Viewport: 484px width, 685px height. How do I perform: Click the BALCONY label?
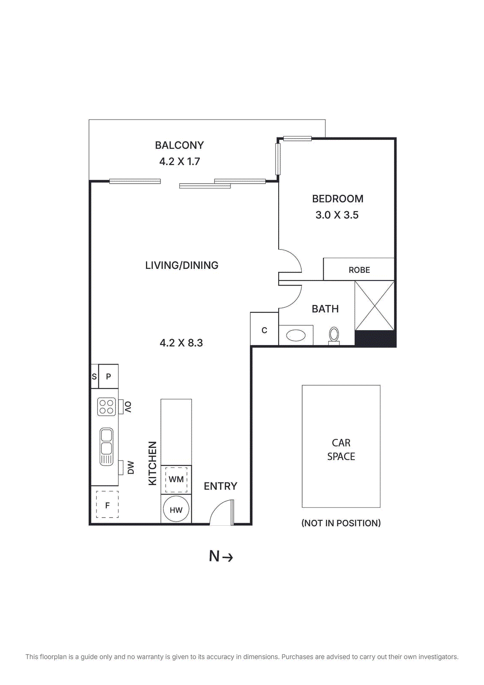click(179, 145)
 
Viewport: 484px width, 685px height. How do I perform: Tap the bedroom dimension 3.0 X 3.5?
click(337, 215)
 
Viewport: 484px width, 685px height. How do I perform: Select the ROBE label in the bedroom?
click(359, 270)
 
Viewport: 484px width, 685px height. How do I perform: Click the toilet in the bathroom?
click(334, 335)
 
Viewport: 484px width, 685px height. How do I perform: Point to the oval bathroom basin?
click(296, 335)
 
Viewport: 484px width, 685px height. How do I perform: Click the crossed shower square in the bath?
click(374, 305)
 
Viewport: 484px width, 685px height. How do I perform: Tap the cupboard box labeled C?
click(264, 330)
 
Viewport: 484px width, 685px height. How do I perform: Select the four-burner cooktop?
click(107, 407)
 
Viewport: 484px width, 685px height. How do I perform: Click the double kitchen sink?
click(106, 446)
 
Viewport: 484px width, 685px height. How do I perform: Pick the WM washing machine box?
click(176, 479)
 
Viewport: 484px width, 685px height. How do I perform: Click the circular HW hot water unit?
click(176, 510)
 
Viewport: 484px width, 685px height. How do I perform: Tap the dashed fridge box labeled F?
click(107, 505)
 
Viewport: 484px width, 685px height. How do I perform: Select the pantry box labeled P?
click(108, 377)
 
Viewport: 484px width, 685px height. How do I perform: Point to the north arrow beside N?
click(228, 557)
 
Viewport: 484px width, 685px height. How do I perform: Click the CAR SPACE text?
click(341, 450)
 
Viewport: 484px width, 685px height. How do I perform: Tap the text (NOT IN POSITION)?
click(341, 523)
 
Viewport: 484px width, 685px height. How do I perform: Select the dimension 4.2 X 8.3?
click(181, 343)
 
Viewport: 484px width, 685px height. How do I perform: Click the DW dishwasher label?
click(131, 468)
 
